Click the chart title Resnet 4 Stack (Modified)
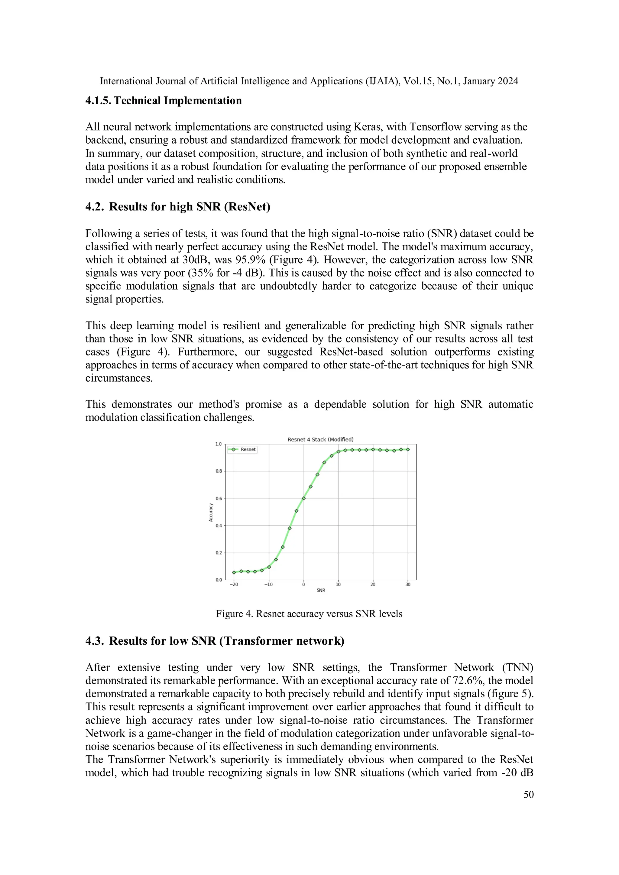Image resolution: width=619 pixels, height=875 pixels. (320, 439)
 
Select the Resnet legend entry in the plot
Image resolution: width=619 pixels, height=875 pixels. (248, 450)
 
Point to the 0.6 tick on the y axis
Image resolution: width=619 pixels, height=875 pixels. (219, 498)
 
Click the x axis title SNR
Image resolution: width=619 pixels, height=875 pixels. (321, 591)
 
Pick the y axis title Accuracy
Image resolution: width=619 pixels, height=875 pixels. (211, 513)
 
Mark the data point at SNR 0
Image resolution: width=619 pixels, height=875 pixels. (304, 498)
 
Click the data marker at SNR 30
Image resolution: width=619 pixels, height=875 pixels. (408, 450)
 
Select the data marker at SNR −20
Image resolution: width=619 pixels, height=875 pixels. (234, 572)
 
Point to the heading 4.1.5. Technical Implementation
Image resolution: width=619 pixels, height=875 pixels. (164, 101)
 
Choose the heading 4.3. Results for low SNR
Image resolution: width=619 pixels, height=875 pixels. (215, 641)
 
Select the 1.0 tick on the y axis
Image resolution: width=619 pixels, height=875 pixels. (219, 444)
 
